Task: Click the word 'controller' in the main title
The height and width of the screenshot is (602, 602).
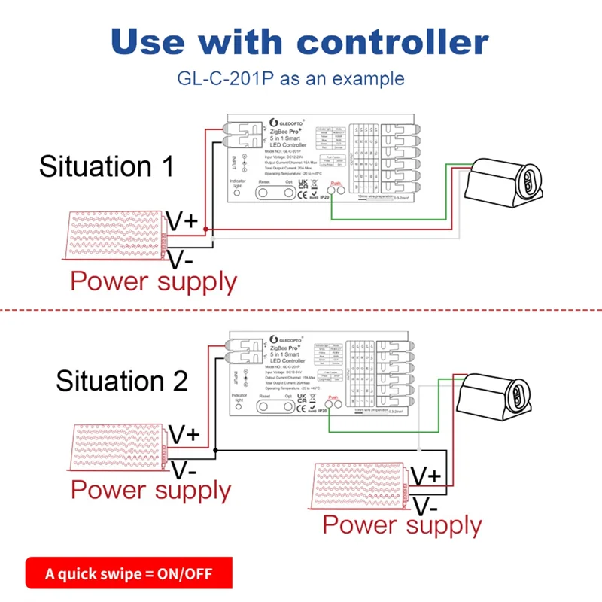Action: [398, 42]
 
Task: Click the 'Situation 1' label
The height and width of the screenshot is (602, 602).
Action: [106, 166]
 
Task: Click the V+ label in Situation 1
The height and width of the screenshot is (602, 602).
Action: [181, 221]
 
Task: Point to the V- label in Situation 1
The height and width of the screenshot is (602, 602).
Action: [180, 260]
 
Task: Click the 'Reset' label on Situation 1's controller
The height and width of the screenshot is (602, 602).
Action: [263, 181]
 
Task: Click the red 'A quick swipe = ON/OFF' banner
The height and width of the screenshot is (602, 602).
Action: [129, 573]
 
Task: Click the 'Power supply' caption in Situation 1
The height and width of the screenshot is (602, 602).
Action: [154, 282]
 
